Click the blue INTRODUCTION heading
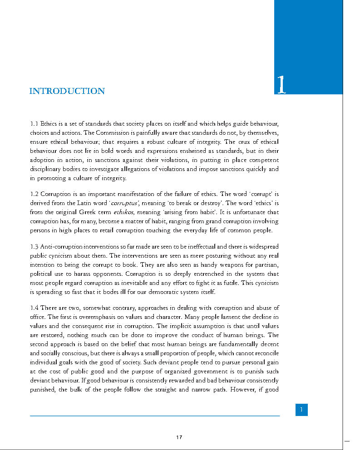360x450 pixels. (67, 91)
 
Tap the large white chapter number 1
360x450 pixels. (281, 85)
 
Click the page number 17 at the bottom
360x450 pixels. (179, 437)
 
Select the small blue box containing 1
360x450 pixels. (301, 410)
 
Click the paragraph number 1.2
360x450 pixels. (35, 194)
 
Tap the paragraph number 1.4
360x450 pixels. (35, 308)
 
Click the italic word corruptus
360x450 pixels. (124, 203)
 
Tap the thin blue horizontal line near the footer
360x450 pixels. (154, 416)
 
